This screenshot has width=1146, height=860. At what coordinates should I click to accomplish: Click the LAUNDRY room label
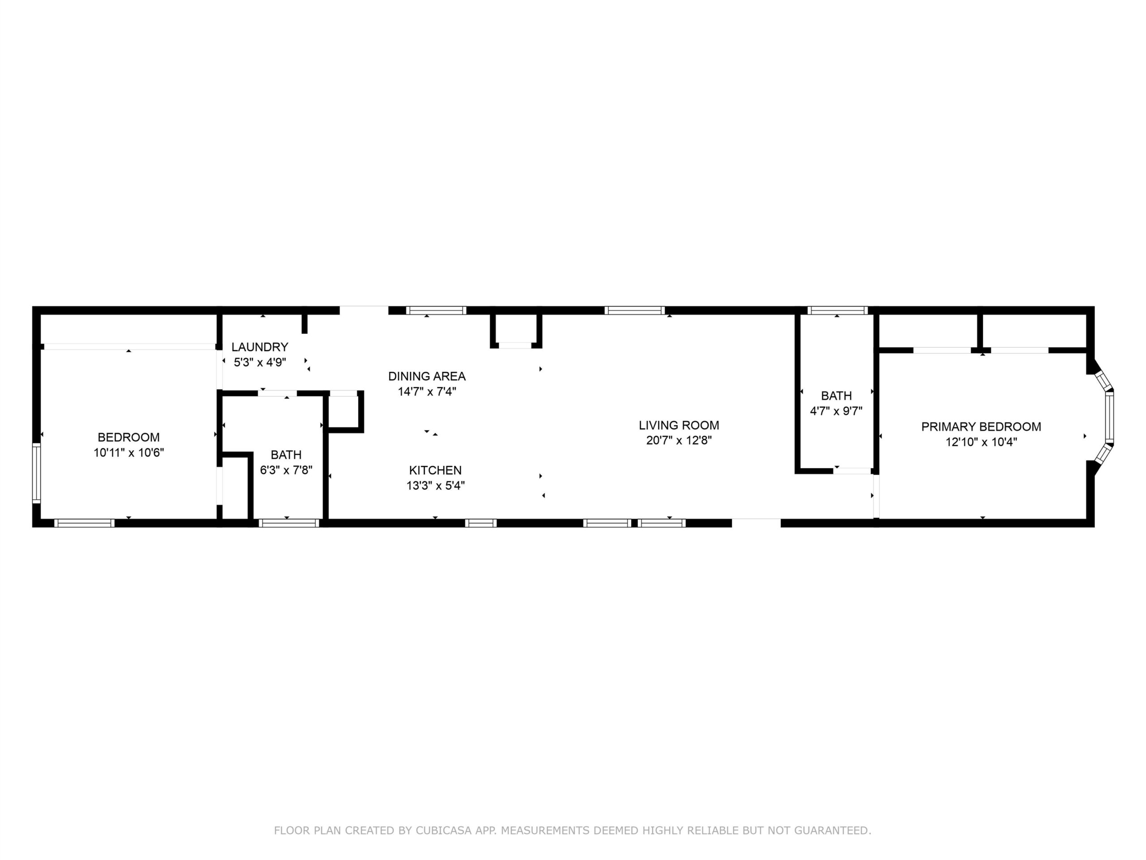point(260,347)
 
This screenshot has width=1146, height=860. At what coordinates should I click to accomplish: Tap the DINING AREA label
point(427,376)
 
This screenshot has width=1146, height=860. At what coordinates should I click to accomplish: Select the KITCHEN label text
point(435,470)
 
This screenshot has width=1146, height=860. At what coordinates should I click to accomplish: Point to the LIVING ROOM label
point(679,426)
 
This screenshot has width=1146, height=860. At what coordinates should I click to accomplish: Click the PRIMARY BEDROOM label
point(981,426)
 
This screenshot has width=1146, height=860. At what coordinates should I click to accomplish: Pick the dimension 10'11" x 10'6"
point(128,452)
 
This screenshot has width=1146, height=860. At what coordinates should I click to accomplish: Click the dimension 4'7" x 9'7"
point(836,411)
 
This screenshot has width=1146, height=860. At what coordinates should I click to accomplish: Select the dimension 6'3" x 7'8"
point(286,470)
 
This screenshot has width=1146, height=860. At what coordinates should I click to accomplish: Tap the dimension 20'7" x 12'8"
point(679,441)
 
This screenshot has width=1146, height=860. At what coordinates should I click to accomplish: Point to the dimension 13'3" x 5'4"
point(435,486)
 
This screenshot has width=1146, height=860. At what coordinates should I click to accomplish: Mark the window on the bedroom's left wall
point(36,473)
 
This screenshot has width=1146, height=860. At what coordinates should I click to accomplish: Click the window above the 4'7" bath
point(837,310)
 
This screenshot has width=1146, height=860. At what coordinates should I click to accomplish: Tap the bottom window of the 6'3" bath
point(289,523)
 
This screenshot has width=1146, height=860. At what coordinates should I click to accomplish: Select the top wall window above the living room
point(635,310)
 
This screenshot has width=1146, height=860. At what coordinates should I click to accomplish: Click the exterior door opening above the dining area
point(363,310)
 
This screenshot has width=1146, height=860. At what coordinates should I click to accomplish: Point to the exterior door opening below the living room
point(757,523)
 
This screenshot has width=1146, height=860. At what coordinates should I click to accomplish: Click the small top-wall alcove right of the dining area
point(516,330)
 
